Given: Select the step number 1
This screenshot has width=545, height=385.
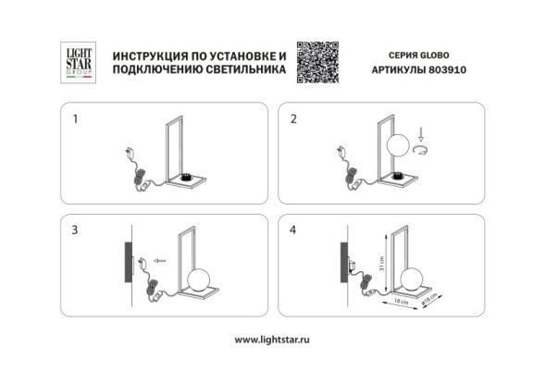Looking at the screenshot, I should (76, 119).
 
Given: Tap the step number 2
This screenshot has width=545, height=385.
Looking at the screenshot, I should (294, 119).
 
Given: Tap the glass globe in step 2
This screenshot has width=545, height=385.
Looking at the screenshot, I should (397, 145).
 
